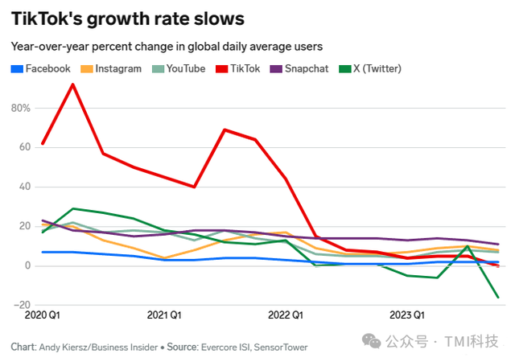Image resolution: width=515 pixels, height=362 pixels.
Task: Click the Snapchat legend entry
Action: [x=302, y=68]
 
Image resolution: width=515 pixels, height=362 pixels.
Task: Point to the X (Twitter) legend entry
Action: [x=369, y=68]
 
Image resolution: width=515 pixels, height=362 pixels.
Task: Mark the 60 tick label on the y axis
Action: [x=23, y=147]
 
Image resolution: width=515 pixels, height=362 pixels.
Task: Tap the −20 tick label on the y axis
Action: [x=21, y=305]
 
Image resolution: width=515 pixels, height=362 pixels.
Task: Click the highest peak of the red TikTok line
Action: [x=73, y=84]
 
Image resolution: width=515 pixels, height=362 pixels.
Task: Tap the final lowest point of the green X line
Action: [x=498, y=297]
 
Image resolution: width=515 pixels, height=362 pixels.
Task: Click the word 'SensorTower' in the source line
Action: [x=280, y=348]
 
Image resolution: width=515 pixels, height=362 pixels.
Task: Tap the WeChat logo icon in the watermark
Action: [x=372, y=342]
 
